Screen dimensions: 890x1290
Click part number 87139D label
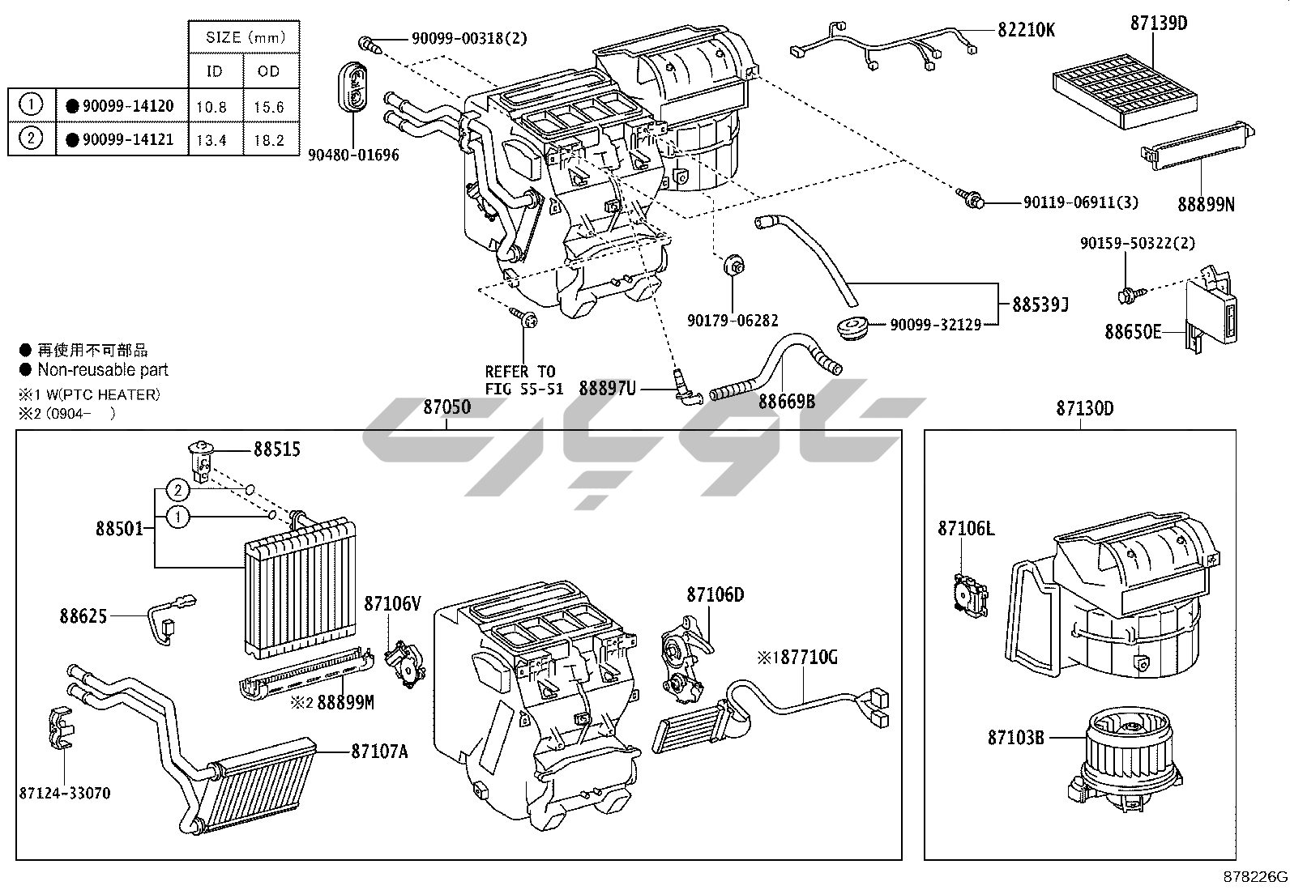click(x=1158, y=23)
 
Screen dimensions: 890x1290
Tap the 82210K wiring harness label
click(x=1026, y=30)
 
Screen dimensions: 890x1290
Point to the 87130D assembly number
click(x=1084, y=409)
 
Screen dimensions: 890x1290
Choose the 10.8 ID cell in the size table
click(x=212, y=106)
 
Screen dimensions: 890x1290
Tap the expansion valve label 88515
click(x=276, y=449)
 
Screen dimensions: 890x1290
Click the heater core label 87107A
click(x=378, y=752)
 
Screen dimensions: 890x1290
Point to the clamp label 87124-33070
click(x=65, y=793)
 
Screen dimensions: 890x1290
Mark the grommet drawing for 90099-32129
click(x=851, y=329)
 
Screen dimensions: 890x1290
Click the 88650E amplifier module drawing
click(x=1211, y=311)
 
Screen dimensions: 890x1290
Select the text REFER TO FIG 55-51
click(x=523, y=380)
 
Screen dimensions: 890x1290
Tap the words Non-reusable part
click(x=103, y=370)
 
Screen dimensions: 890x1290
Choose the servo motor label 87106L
click(x=966, y=529)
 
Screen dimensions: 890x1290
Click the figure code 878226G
click(x=1255, y=877)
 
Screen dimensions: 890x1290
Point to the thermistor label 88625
click(x=83, y=616)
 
